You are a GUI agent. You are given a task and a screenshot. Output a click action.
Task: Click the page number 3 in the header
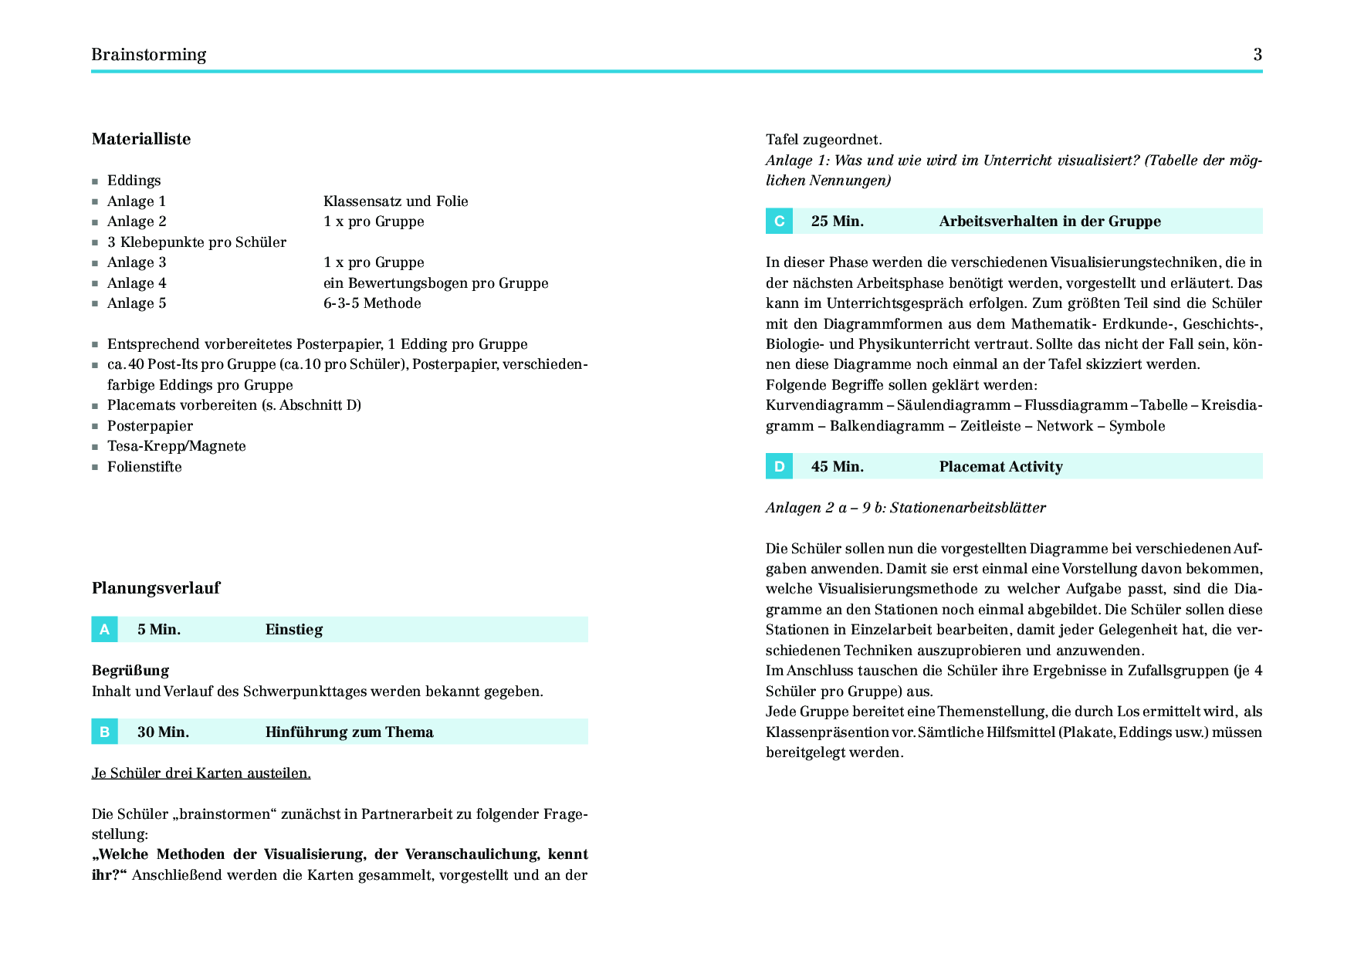1258,55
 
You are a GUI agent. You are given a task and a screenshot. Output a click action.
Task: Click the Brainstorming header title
149,55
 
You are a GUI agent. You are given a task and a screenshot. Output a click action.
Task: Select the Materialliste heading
141,139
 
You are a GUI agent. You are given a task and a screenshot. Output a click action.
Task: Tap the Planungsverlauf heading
156,588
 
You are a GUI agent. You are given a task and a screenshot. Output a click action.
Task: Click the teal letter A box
104,630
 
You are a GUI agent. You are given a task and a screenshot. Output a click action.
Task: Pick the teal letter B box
104,732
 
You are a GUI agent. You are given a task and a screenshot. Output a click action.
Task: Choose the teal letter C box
779,221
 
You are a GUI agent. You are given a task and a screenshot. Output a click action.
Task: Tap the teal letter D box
779,466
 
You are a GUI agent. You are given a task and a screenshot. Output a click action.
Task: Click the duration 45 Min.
838,467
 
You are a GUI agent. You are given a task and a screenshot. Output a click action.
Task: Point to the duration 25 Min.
838,221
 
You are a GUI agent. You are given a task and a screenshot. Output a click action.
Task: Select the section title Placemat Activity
1001,467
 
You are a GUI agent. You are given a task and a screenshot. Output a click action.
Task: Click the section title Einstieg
294,630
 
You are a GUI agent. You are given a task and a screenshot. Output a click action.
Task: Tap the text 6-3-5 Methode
372,303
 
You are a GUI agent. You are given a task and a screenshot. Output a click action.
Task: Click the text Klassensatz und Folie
396,201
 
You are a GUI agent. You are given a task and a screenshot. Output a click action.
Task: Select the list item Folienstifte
144,467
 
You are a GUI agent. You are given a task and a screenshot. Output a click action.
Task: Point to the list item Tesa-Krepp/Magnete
177,446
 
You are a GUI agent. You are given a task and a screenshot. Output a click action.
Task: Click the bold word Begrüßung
130,671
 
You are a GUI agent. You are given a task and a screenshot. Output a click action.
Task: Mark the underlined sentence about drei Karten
201,773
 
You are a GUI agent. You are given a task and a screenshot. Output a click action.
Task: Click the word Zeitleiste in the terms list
990,426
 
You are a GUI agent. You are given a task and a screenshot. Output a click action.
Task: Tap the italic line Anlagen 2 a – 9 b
906,508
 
